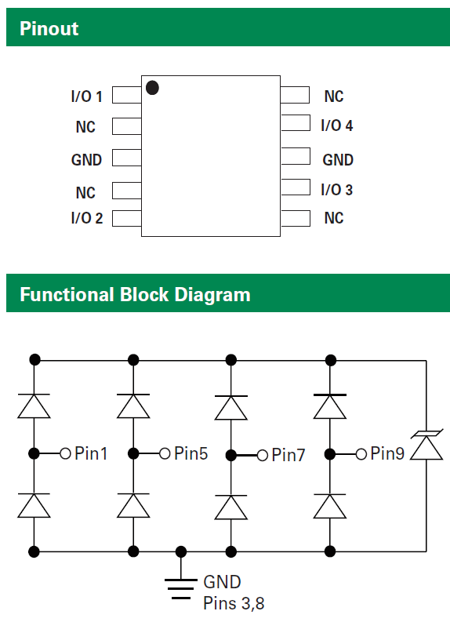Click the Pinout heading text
click(x=49, y=28)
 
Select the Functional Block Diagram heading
click(x=135, y=295)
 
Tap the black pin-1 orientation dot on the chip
click(x=152, y=88)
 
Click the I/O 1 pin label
click(x=87, y=96)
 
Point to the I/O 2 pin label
click(x=87, y=218)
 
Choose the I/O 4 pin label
click(x=337, y=125)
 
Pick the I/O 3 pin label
click(x=337, y=190)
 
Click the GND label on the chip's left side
click(x=86, y=160)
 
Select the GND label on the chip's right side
click(x=338, y=160)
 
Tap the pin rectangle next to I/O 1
click(x=127, y=95)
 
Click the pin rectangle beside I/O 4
click(x=296, y=123)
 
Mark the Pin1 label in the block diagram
click(x=91, y=453)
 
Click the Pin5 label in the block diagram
click(x=191, y=453)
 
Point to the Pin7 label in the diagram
click(x=289, y=455)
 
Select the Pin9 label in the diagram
click(x=387, y=453)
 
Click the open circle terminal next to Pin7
click(x=263, y=456)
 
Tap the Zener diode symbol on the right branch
click(x=426, y=446)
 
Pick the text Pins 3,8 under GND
click(x=234, y=603)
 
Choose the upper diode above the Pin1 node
click(x=34, y=406)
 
